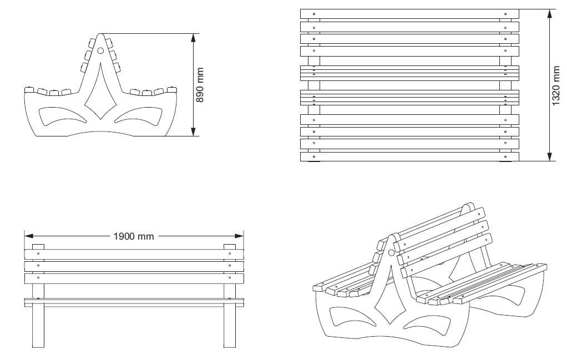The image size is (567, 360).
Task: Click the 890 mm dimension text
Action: [201, 84]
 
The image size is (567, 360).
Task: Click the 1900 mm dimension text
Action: [133, 236]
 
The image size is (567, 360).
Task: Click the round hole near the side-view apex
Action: [100, 50]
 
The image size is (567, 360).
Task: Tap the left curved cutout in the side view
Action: [63, 116]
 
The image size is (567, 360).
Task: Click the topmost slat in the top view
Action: [409, 14]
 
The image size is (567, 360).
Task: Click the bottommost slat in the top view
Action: [409, 157]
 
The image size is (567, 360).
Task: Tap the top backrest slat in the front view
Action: [133, 253]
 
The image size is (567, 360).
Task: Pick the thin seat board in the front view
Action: [133, 302]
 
